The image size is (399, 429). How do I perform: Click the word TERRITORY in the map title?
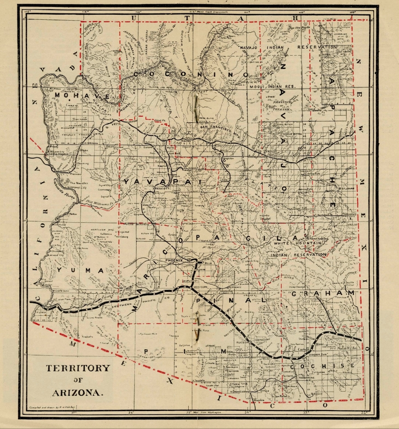coord(77,368)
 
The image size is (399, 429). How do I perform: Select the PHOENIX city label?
coord(175,261)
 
